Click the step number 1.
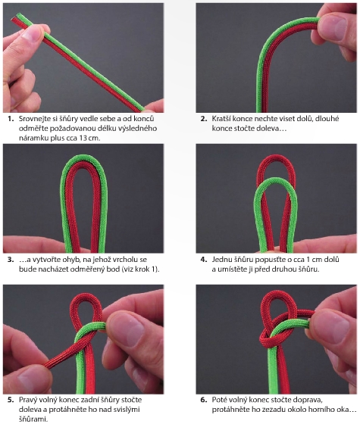pos(11,119)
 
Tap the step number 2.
pos(204,119)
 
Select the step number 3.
pos(11,260)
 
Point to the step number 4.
pos(204,260)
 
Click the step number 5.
pos(11,400)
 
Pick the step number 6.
pos(204,400)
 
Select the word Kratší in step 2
pos(221,119)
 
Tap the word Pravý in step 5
pos(27,401)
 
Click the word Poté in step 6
pos(219,400)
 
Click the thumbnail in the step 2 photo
pos(335,26)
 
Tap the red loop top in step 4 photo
pos(276,157)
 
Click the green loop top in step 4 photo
pos(275,181)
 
